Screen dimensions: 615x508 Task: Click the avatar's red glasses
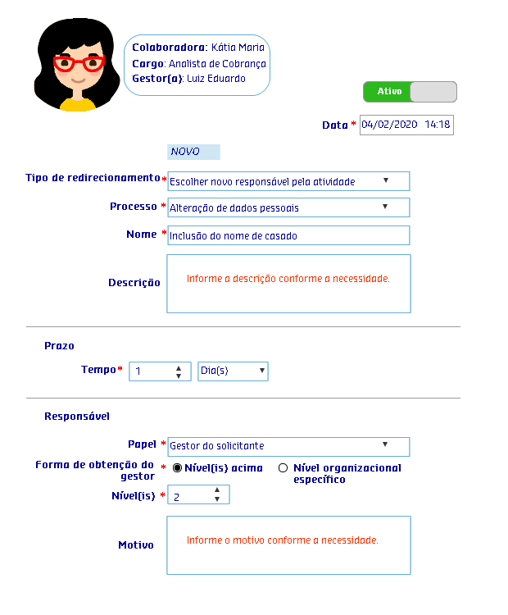[x=78, y=63]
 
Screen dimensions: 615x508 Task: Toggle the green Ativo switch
[x=410, y=92]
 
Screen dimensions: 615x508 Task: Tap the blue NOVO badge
[x=193, y=152]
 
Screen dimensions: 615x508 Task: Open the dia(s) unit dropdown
[x=233, y=371]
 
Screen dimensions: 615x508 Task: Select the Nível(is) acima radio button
[x=177, y=468]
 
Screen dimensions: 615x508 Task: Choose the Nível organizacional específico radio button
[x=283, y=468]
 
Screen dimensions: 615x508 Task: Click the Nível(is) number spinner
[x=200, y=494]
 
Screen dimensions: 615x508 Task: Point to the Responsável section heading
[x=77, y=417]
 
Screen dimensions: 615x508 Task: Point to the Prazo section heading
[x=59, y=346]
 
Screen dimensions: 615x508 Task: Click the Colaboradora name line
[x=197, y=48]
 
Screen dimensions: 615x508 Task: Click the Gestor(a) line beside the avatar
[x=188, y=79]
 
